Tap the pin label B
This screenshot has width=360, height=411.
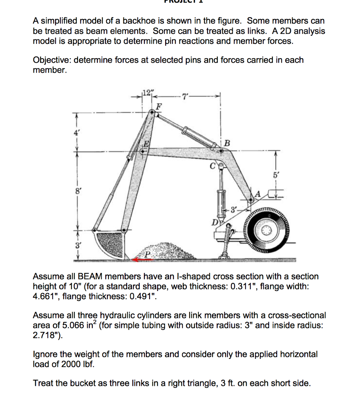click(x=227, y=143)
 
